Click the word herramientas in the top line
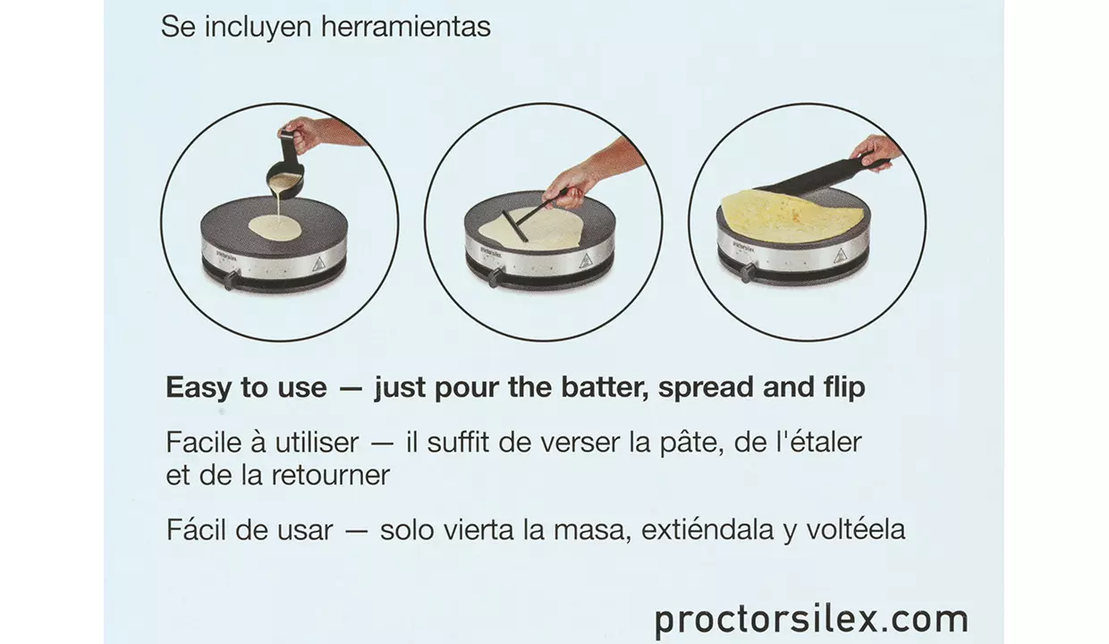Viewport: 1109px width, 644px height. coord(406,26)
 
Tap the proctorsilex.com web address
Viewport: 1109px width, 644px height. coord(811,619)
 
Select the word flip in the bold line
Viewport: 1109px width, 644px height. coord(843,387)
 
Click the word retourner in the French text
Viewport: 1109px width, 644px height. coord(331,475)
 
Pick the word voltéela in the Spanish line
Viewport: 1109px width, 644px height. coord(856,529)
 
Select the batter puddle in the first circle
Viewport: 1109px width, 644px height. coord(275,228)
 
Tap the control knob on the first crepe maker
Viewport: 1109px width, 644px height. coord(232,279)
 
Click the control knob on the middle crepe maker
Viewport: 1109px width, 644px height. coord(495,277)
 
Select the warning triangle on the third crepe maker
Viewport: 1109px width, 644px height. coord(840,256)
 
